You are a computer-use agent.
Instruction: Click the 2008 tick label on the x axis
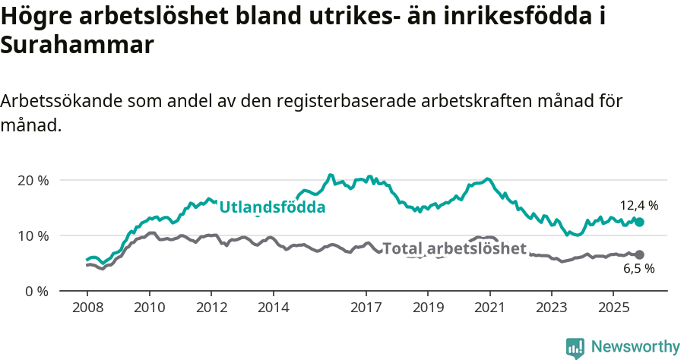point(87,310)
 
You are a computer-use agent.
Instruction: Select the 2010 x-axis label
point(149,310)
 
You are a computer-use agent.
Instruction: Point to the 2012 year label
point(211,310)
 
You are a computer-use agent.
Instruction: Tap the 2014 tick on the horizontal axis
point(273,310)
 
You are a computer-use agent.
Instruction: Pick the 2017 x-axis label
point(366,310)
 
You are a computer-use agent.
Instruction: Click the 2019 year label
point(428,310)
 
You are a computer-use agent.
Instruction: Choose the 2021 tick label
point(490,310)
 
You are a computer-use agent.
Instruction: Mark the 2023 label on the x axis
point(552,310)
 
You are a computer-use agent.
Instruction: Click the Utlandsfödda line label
point(272,207)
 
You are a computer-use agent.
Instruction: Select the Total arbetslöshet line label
point(454,249)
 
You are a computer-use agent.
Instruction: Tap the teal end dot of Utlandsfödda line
point(639,222)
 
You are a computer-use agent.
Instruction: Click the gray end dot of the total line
point(639,254)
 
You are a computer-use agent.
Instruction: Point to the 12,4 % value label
point(638,205)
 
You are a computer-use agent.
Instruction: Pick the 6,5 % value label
point(638,268)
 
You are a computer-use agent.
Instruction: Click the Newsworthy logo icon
point(575,347)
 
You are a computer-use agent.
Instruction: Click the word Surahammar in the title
point(78,45)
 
